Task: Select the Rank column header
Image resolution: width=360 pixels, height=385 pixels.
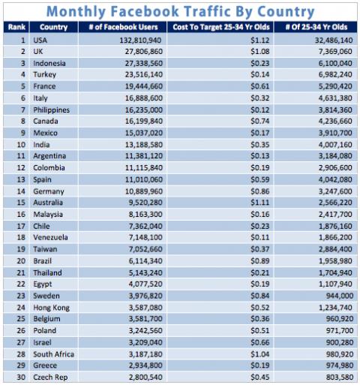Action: [16, 27]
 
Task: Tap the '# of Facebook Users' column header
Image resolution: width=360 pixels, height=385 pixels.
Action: [124, 27]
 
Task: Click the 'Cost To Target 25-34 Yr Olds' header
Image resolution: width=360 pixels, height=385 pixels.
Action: [221, 27]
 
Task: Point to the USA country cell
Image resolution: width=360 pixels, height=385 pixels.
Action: [40, 40]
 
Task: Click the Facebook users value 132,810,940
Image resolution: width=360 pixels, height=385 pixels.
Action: [140, 40]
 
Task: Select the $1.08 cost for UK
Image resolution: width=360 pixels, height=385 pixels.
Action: [260, 52]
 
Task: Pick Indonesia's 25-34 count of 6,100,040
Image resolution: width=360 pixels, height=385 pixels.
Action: [335, 63]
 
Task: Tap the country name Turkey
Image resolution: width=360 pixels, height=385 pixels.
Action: [44, 74]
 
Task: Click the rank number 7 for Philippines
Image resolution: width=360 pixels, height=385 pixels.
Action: [23, 110]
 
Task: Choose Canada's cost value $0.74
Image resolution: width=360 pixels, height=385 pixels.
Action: [260, 121]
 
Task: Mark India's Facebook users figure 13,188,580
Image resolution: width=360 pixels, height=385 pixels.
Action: [144, 145]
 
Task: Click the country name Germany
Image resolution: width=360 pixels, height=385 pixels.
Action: [49, 191]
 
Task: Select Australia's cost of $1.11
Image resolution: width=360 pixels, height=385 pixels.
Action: [260, 203]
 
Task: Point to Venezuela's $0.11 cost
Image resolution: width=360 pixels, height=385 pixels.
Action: [260, 237]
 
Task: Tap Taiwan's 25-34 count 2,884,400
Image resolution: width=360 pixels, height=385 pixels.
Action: [335, 249]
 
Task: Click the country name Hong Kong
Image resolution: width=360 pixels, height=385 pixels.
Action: [52, 308]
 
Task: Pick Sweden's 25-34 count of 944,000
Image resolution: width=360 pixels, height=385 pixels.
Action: [340, 296]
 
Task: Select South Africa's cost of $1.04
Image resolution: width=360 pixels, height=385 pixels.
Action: [260, 354]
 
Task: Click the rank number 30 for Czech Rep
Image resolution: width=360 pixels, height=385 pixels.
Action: [21, 377]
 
